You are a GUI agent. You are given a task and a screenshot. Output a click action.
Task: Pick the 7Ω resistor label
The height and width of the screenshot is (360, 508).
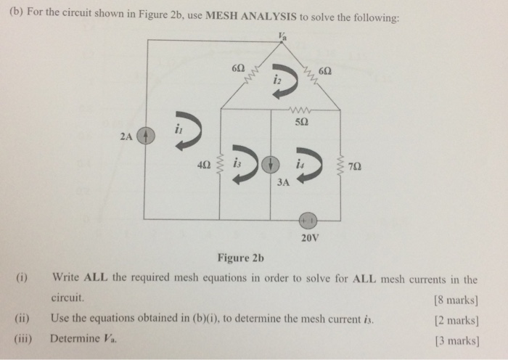tap(353, 165)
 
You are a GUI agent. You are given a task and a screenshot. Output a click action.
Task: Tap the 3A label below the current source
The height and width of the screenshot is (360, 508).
tap(283, 182)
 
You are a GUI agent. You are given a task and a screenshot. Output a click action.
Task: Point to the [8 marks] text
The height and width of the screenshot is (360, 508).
tap(456, 298)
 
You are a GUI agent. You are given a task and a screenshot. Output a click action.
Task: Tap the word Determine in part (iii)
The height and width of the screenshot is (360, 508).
tap(75, 337)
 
